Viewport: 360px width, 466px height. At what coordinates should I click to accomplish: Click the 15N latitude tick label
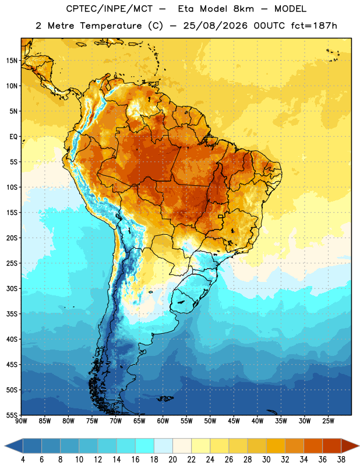click(x=12, y=61)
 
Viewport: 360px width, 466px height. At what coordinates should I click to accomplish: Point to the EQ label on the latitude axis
click(x=13, y=137)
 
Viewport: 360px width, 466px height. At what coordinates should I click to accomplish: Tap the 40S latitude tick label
click(x=12, y=340)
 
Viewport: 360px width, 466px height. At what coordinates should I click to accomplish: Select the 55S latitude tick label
click(x=12, y=415)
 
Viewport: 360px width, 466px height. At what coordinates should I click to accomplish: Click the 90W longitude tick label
click(x=21, y=421)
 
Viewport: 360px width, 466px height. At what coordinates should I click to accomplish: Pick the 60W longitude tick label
click(x=163, y=421)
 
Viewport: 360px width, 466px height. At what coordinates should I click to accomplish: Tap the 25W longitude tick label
click(x=328, y=421)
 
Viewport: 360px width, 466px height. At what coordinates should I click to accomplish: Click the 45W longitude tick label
click(x=234, y=421)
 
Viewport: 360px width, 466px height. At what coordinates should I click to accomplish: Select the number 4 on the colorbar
click(x=23, y=460)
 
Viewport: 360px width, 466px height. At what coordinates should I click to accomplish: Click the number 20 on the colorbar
click(x=172, y=460)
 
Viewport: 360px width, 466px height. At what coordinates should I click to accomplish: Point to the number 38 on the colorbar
click(x=341, y=460)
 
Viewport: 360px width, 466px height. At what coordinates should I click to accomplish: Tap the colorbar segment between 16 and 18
click(x=145, y=446)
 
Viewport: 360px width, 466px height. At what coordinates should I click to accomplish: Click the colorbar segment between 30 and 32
click(x=276, y=446)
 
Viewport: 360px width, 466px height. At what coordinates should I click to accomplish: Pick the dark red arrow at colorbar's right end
click(x=350, y=446)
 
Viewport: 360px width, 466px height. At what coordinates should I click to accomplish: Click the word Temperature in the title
click(x=111, y=26)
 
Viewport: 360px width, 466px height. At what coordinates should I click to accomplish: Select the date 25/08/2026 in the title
click(x=215, y=26)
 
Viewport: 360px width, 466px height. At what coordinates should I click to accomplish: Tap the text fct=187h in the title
click(x=314, y=26)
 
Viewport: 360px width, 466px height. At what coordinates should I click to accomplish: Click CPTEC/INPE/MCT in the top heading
click(x=109, y=9)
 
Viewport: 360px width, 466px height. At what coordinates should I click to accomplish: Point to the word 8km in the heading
click(x=243, y=9)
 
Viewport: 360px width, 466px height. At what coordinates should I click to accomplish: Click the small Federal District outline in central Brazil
click(x=221, y=216)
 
